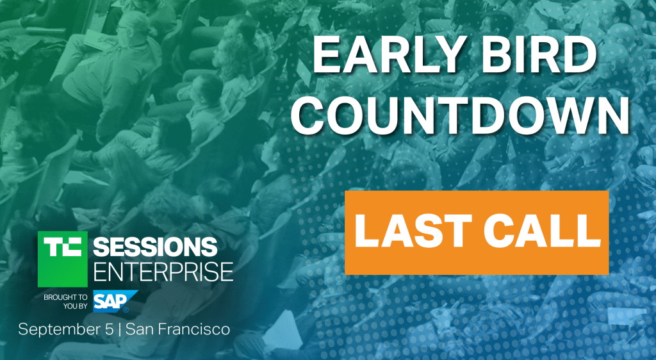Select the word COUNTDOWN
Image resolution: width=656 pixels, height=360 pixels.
460,113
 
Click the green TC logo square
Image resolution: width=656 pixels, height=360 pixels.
63,259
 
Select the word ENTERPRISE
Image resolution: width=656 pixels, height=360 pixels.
163,272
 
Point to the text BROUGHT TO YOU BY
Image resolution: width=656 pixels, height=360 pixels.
66,302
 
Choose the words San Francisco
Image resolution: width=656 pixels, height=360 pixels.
178,329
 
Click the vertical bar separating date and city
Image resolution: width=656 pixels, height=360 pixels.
120,330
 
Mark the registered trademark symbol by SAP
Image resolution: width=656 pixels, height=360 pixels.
126,310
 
